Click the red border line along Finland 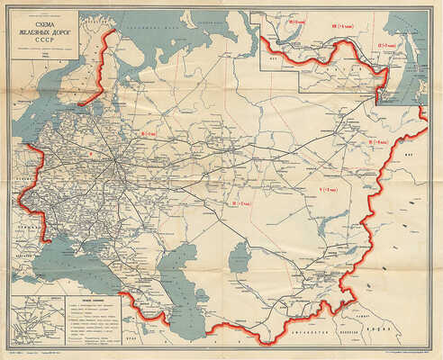pos(100,72)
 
